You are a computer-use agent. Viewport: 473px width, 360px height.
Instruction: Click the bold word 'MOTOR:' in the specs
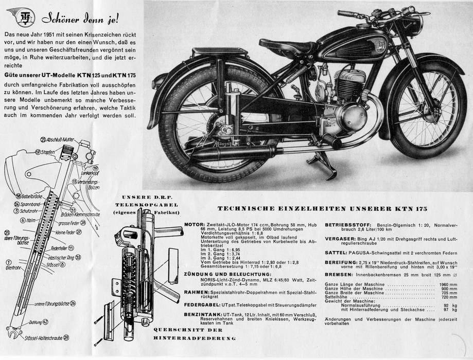[x=194, y=225]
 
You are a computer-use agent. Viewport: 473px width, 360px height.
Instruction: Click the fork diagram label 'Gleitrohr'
[x=14, y=267]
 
